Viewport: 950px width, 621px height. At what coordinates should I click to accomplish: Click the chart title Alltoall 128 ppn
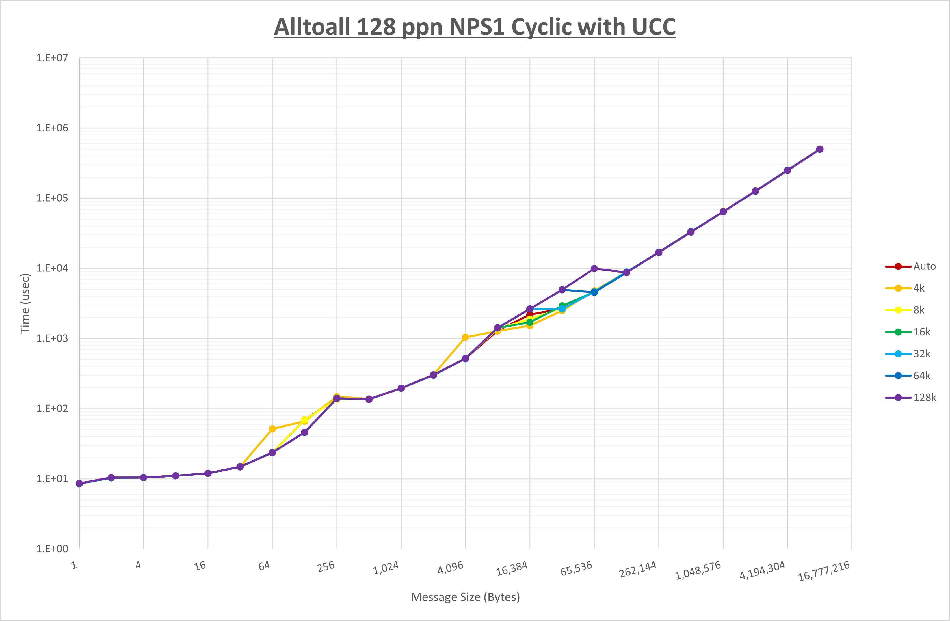(475, 27)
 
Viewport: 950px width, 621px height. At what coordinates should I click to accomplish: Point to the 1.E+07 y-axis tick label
(52, 58)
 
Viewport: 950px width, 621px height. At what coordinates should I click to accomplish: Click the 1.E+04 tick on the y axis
(52, 268)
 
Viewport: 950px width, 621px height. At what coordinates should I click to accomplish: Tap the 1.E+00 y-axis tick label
(52, 549)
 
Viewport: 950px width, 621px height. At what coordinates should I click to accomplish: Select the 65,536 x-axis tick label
(576, 569)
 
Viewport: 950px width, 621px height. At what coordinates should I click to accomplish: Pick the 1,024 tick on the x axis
(386, 568)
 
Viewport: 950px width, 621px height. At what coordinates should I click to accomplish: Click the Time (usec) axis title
(25, 303)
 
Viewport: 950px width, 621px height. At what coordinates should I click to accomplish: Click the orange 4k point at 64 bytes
(272, 429)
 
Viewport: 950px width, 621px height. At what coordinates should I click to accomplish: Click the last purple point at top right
(819, 149)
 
